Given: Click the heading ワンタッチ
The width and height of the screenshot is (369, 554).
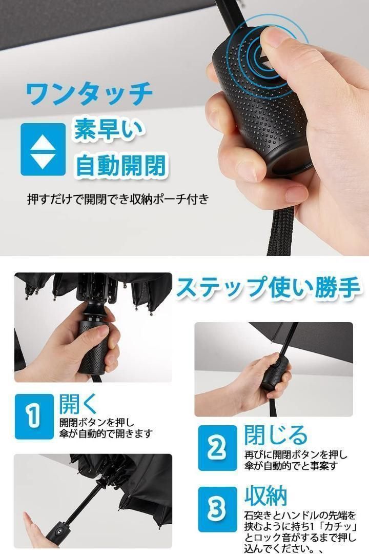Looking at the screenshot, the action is click(x=89, y=94).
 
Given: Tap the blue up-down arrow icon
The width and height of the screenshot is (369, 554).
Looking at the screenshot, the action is click(x=43, y=149).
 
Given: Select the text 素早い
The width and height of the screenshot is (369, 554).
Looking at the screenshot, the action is click(x=109, y=130).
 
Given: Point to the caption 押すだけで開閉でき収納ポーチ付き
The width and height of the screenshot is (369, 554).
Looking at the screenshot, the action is click(x=118, y=199).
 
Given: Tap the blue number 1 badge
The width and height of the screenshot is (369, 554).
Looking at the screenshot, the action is click(x=34, y=416).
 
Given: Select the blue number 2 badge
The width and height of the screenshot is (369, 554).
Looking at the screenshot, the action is click(x=217, y=448).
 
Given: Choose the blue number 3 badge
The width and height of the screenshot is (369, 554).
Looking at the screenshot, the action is click(x=217, y=509).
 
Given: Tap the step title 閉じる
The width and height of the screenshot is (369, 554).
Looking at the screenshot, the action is click(x=275, y=434).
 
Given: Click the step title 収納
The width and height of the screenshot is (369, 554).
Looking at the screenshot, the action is click(x=265, y=496).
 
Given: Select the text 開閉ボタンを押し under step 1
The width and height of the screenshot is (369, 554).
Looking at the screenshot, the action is click(x=97, y=422).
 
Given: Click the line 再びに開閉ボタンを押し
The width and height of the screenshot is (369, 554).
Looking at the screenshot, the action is click(x=296, y=454).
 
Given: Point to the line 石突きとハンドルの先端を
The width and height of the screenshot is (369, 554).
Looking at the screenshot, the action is click(x=300, y=516).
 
